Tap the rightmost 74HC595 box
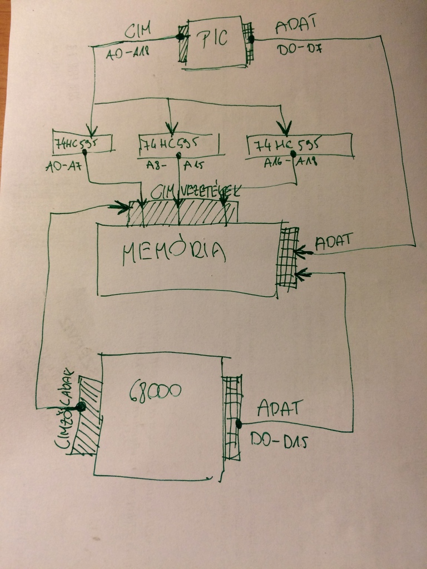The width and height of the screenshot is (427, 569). (x=299, y=146)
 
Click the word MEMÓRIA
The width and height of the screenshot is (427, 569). (x=174, y=253)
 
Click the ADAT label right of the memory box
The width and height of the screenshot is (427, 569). (x=334, y=243)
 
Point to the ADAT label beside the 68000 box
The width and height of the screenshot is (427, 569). (x=279, y=408)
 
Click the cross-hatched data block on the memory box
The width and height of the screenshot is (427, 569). (x=288, y=257)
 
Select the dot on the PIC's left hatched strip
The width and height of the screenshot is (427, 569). (x=180, y=37)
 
